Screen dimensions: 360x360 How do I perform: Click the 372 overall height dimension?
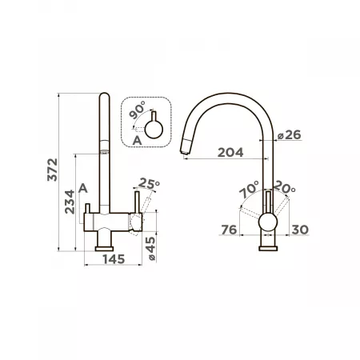[52, 170]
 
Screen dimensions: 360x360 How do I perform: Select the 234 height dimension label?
[70, 202]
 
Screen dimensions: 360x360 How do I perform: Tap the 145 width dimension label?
[114, 259]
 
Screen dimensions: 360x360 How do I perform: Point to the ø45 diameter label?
[151, 249]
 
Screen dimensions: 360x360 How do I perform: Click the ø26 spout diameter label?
[290, 135]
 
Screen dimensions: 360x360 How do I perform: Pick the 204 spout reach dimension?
[230, 153]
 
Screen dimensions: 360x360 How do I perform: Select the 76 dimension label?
[229, 230]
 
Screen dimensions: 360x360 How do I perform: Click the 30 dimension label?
[300, 230]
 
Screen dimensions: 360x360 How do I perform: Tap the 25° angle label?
[149, 183]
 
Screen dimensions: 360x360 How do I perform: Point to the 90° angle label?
[137, 110]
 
